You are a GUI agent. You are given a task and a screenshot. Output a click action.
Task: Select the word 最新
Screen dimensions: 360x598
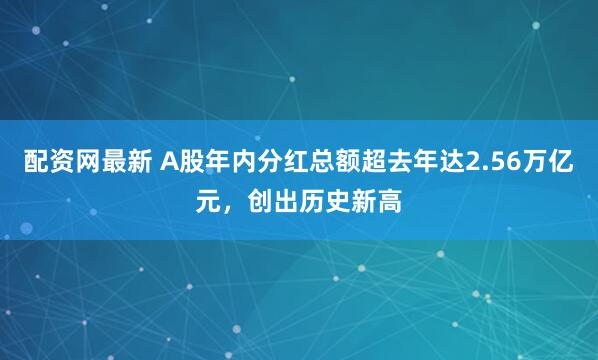(x=119, y=161)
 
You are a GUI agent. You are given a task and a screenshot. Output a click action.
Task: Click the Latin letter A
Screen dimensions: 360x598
(x=166, y=161)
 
